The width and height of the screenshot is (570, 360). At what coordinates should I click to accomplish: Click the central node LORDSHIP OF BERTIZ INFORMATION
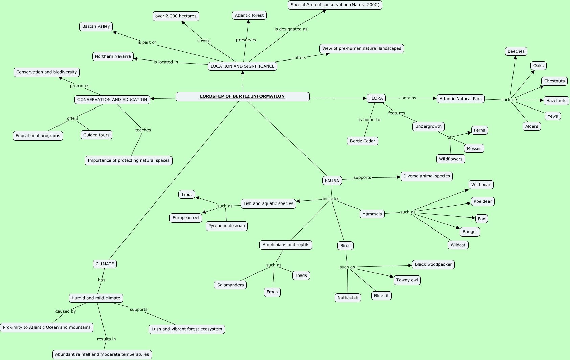click(x=242, y=96)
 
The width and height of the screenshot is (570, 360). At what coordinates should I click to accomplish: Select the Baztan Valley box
click(x=96, y=26)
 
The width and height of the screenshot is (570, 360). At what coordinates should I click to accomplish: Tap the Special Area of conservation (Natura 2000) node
click(x=335, y=5)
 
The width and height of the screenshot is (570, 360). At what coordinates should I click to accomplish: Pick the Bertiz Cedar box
click(x=362, y=141)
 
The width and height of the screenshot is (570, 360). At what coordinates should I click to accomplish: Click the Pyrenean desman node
click(x=226, y=226)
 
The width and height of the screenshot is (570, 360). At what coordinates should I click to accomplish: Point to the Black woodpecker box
click(x=433, y=264)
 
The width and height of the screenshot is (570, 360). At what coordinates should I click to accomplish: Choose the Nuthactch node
click(x=347, y=298)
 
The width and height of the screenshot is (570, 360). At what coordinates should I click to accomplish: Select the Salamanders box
click(x=230, y=285)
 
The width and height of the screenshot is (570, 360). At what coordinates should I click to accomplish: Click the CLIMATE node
click(x=105, y=264)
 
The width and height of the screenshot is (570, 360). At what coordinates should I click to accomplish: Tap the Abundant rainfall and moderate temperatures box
click(x=102, y=354)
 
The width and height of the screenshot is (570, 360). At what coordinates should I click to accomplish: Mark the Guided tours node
click(x=96, y=135)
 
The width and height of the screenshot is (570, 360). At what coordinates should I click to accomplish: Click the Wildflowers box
click(x=451, y=159)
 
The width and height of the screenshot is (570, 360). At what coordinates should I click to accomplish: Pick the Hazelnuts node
click(x=556, y=101)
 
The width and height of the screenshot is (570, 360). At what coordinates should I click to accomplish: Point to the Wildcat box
click(x=458, y=245)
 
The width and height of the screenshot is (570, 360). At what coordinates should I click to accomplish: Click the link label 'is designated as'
click(x=291, y=29)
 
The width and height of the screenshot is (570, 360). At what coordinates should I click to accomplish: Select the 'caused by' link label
click(x=66, y=311)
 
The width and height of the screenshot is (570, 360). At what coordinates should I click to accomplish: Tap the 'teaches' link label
click(x=143, y=130)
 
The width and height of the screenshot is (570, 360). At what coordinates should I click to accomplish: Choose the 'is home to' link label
click(x=369, y=120)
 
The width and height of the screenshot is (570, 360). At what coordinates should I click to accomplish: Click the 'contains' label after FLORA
click(x=407, y=98)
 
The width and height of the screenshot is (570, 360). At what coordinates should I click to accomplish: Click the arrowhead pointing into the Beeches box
click(x=515, y=58)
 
